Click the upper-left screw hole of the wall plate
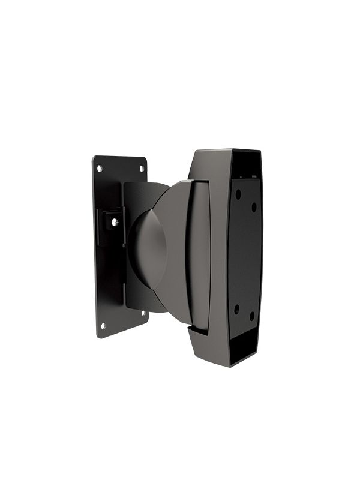[100, 168]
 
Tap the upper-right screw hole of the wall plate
[142, 169]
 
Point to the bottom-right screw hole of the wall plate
[142, 313]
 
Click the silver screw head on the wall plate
[115, 221]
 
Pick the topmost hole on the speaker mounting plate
[238, 194]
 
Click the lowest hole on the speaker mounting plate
[252, 314]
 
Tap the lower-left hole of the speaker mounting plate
[236, 308]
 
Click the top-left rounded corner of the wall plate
[95, 160]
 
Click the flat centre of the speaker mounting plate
[246, 255]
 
